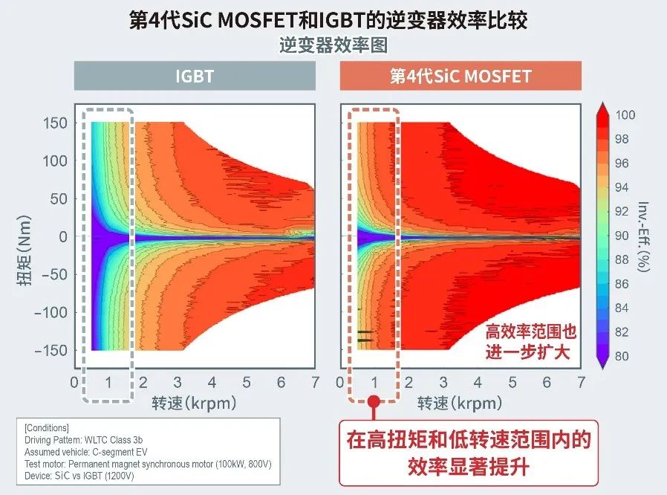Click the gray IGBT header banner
click(195, 76)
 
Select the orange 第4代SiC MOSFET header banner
click(461, 76)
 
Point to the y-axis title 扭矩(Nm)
click(22, 236)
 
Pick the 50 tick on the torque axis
click(58, 198)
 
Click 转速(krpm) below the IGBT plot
click(195, 403)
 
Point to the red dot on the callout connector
click(374, 401)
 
